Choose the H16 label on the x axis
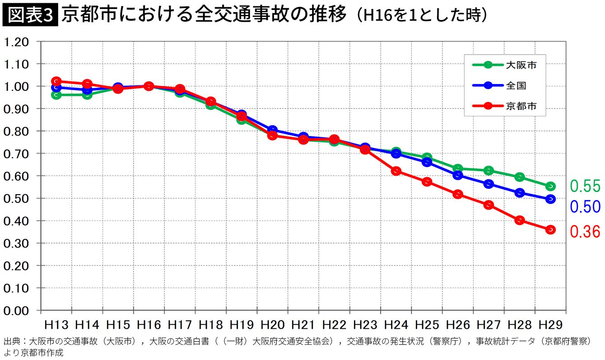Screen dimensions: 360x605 pos(149,325)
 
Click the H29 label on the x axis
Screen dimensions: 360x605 pos(550,325)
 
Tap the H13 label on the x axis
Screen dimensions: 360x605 pos(56,325)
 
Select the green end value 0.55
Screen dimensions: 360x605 pos(585,186)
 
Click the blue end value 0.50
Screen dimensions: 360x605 pos(585,206)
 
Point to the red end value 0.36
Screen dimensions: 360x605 pos(585,232)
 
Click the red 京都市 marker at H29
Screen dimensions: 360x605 pos(550,229)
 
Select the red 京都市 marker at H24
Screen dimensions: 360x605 pos(396,171)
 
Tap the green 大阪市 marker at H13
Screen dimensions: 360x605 pos(56,95)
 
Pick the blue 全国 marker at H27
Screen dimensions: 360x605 pos(489,184)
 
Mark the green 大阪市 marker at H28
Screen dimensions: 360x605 pos(519,177)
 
